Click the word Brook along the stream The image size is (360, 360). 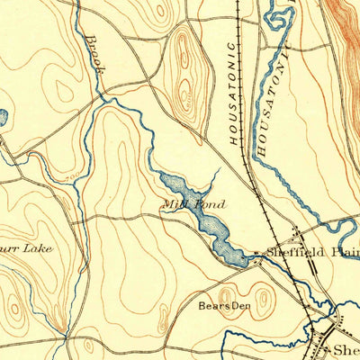pos(96,56)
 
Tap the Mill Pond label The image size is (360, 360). pos(193,204)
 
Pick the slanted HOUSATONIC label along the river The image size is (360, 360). pos(270,103)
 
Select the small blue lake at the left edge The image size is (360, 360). pos(3,118)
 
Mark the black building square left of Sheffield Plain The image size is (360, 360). pos(255,253)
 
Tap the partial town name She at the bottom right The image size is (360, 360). pos(346,349)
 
